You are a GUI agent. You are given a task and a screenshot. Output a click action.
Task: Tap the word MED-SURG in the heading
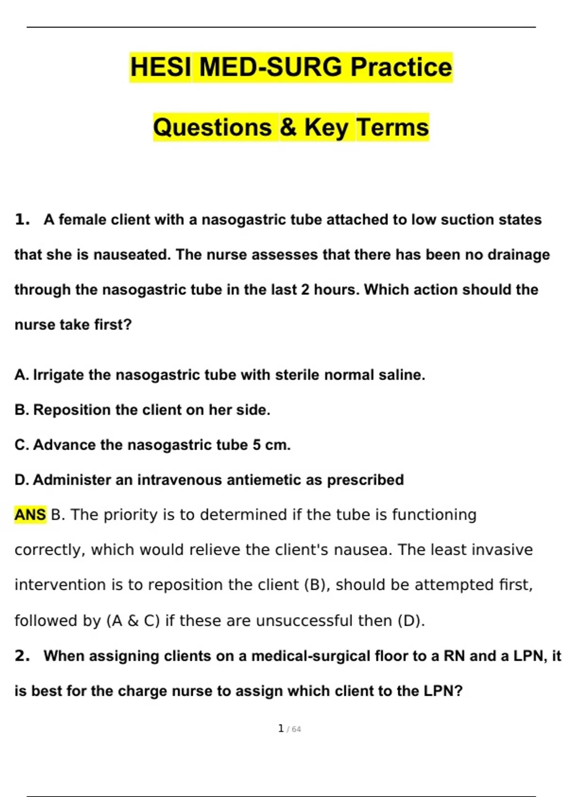point(271,67)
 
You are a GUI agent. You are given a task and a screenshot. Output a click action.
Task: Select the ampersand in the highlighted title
point(288,127)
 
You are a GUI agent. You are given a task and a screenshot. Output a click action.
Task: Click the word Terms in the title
point(393,127)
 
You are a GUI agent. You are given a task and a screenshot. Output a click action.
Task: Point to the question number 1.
point(22,219)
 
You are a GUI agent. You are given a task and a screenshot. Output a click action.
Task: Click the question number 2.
point(22,655)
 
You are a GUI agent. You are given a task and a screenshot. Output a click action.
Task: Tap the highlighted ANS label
point(30,515)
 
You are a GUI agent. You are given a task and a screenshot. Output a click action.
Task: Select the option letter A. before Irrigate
point(22,375)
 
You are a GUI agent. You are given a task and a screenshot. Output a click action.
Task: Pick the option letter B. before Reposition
point(22,410)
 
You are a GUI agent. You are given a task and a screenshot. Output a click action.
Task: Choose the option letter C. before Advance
point(22,445)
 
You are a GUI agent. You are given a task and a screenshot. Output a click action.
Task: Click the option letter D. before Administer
point(22,480)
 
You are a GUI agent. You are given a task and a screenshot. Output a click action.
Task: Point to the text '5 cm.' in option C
point(272,445)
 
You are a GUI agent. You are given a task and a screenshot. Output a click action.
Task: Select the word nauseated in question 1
point(132,255)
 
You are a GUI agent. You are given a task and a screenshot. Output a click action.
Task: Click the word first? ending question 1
point(113,324)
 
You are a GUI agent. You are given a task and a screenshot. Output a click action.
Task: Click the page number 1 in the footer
point(281,729)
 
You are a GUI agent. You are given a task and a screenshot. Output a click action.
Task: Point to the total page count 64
point(296,729)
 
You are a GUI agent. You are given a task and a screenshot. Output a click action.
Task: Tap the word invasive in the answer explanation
point(504,549)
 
